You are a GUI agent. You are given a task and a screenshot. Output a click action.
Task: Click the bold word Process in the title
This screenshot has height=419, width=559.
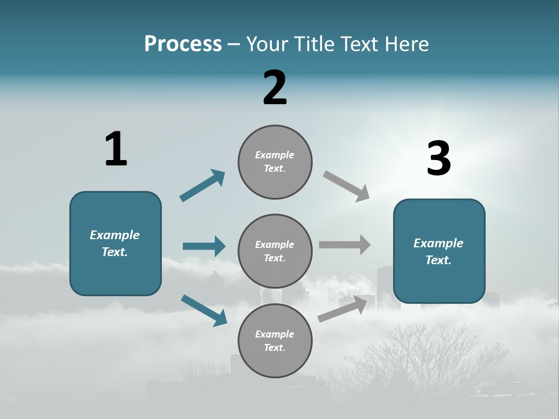pyautogui.click(x=183, y=44)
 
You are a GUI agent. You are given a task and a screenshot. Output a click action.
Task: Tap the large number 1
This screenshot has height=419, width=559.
pyautogui.click(x=116, y=149)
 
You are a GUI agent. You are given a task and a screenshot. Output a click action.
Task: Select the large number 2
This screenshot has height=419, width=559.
pyautogui.click(x=275, y=88)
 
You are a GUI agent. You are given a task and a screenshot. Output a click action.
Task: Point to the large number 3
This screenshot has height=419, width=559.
pyautogui.click(x=439, y=159)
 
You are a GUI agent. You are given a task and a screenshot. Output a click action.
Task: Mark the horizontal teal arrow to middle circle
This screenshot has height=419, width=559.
pyautogui.click(x=204, y=246)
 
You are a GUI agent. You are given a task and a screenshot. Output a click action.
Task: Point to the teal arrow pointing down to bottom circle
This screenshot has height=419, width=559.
pyautogui.click(x=204, y=310)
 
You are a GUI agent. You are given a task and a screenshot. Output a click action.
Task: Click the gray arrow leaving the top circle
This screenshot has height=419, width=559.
pyautogui.click(x=346, y=186)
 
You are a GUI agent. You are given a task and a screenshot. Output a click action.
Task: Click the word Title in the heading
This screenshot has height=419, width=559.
pyautogui.click(x=313, y=44)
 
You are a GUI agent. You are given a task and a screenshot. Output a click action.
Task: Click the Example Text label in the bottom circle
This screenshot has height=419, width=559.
pyautogui.click(x=275, y=340)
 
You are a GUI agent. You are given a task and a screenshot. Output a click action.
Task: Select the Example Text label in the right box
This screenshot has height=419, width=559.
pyautogui.click(x=438, y=251)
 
